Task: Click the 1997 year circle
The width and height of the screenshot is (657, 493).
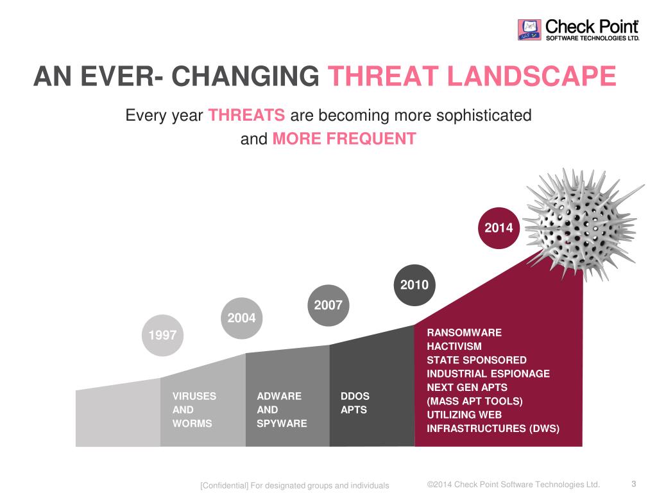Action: coord(162,334)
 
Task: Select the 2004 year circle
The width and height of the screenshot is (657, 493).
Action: coord(241,318)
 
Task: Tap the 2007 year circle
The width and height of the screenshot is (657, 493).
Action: coord(328,305)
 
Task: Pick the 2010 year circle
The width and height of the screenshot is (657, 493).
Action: coord(414,284)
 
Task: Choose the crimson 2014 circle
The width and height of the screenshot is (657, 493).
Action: coord(499,227)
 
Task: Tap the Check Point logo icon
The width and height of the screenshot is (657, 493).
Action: coord(530,30)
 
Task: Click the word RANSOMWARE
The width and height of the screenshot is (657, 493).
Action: coord(465,333)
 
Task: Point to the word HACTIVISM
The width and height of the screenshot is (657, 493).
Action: coord(454,347)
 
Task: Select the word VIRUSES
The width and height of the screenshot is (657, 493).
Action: coord(194,396)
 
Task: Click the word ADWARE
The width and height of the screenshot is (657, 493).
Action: coord(279,396)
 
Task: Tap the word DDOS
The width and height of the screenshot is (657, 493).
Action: coord(355,396)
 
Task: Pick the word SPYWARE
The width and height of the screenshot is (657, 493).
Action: coord(282,424)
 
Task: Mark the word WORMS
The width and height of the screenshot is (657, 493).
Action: coord(192,424)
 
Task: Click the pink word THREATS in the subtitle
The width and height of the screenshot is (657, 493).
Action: coord(246,116)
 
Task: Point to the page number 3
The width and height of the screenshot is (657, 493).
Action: coord(634,484)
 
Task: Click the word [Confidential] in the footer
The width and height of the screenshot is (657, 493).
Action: coord(224,485)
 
